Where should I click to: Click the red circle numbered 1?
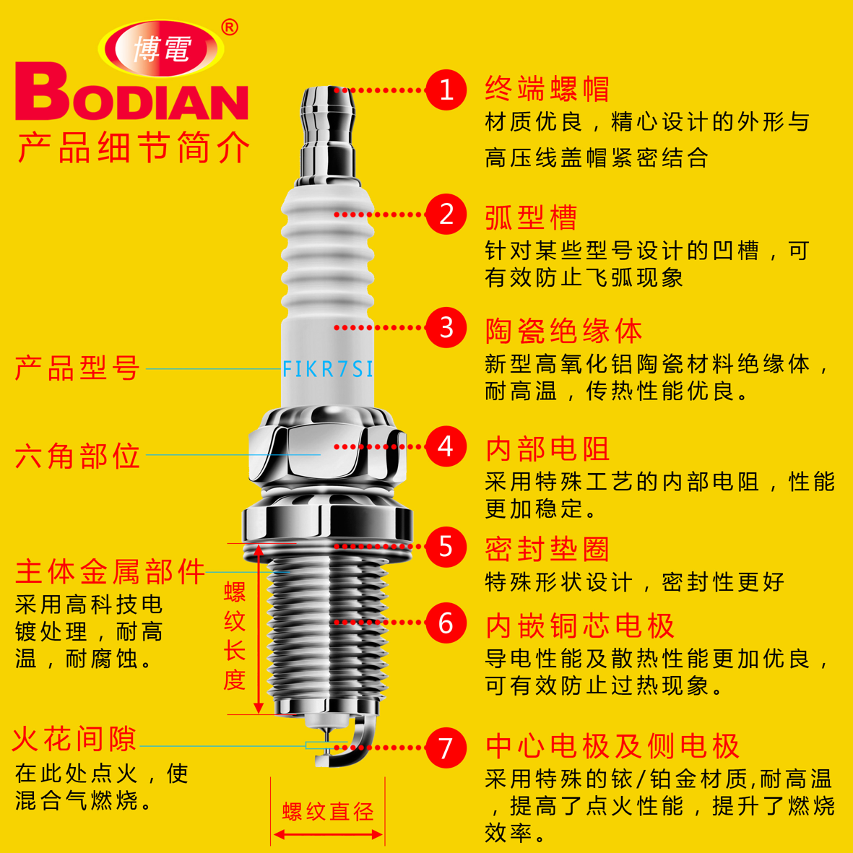446,90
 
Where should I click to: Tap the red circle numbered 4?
446,446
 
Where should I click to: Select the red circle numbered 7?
446,747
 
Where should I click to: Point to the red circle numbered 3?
446,327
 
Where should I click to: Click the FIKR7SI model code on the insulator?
328,369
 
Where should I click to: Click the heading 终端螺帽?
547,89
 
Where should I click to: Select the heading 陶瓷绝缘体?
563,331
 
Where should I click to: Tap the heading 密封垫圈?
547,549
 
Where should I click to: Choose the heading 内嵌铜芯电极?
579,625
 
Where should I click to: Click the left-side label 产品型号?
77,368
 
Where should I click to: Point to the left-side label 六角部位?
77,456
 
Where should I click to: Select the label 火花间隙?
74,739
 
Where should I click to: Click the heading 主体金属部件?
110,572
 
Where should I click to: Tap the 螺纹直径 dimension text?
328,812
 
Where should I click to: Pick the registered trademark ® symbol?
229,27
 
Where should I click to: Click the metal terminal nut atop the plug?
329,134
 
